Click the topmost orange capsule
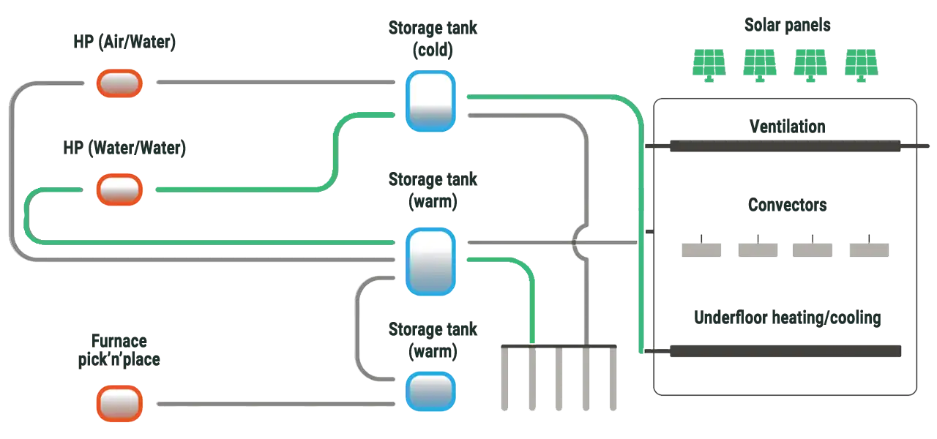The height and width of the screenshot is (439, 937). coord(119,83)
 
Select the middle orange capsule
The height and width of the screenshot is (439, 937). coord(119,190)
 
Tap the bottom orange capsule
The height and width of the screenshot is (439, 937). coord(119,404)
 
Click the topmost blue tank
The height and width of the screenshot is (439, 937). coord(431,101)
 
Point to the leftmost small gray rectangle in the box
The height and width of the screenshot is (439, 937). coord(701,248)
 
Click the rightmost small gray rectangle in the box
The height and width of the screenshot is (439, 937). coord(869,248)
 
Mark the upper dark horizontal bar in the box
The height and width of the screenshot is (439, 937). coord(785,145)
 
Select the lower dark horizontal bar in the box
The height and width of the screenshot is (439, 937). coord(785,352)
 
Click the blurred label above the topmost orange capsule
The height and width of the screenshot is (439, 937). coord(123,42)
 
